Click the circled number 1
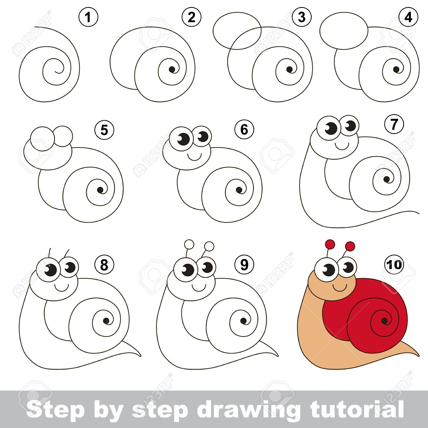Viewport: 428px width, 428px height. [89, 17]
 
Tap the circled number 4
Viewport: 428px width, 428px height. [409, 17]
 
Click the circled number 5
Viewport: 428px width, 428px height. [104, 130]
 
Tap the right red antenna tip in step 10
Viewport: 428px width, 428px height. [351, 246]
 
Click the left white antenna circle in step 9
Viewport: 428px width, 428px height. [189, 245]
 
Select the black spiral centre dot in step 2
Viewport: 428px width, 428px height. [172, 69]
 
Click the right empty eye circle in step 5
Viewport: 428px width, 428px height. [63, 136]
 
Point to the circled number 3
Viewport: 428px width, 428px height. [301, 17]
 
